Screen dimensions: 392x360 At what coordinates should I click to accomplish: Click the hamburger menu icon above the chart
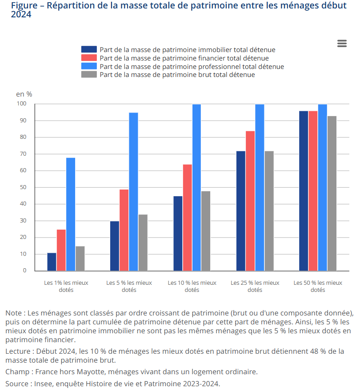point(342,43)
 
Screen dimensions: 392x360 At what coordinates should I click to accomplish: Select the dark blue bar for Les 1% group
point(52,262)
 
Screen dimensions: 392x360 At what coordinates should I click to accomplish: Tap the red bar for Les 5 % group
point(124,230)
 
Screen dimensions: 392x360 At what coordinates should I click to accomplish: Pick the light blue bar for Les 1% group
point(71,214)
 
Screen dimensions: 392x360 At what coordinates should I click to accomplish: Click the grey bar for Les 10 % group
point(206,231)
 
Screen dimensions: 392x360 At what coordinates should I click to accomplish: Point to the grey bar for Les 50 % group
point(332,193)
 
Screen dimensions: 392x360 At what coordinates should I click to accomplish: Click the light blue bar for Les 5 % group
point(133,192)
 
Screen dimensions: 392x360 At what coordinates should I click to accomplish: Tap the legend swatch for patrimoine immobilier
point(89,49)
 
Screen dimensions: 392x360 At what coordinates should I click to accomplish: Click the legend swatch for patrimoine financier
point(89,58)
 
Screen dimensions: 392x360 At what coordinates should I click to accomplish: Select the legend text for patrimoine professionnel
point(192,66)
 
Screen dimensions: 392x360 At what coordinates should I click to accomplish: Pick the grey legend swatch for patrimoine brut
point(89,75)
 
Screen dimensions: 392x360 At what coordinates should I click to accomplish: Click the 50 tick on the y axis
point(22,187)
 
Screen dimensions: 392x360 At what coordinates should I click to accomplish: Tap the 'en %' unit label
point(24,94)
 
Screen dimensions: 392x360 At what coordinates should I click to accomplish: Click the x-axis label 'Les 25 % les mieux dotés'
point(255,286)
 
